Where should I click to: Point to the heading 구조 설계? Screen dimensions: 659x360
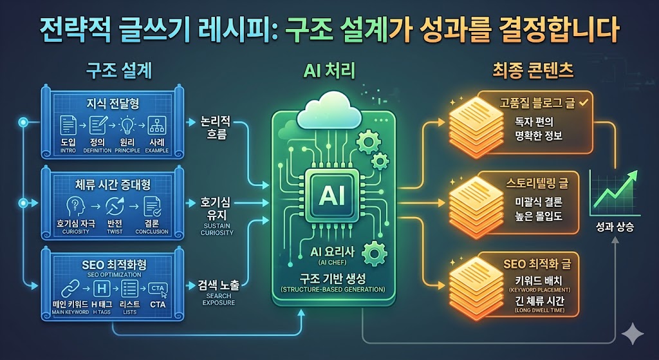pyautogui.click(x=119, y=71)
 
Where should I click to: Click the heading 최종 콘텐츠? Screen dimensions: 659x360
pyautogui.click(x=531, y=71)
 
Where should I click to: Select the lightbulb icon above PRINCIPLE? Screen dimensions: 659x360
pyautogui.click(x=127, y=125)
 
